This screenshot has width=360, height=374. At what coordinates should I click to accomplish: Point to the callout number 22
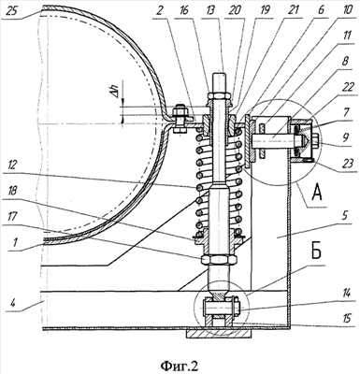point(347,88)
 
